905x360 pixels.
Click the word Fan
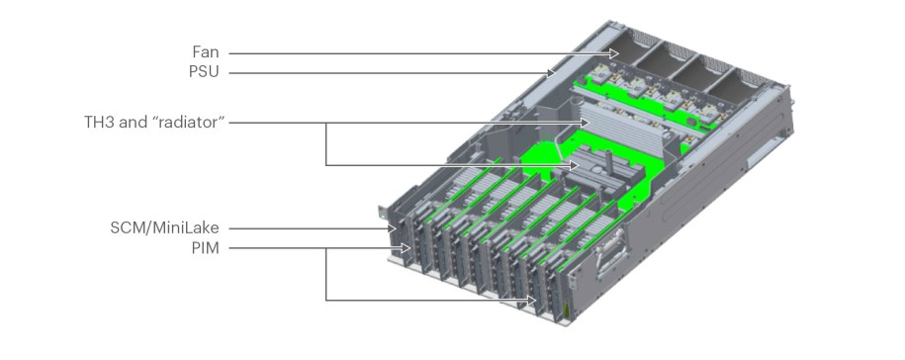206,51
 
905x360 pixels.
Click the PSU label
204,71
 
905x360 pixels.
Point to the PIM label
205,247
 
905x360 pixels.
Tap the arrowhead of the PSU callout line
554,71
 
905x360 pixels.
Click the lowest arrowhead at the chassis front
536,300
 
